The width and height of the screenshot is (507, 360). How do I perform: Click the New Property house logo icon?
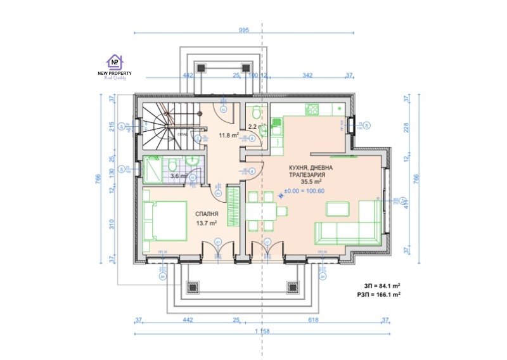(x=115, y=61)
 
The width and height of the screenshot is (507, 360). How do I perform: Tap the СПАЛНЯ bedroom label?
(x=207, y=214)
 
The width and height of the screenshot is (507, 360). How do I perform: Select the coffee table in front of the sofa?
(x=338, y=209)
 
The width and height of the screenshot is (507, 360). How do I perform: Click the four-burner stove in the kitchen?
(x=312, y=110)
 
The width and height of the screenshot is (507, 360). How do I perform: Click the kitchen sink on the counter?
(x=277, y=131)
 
